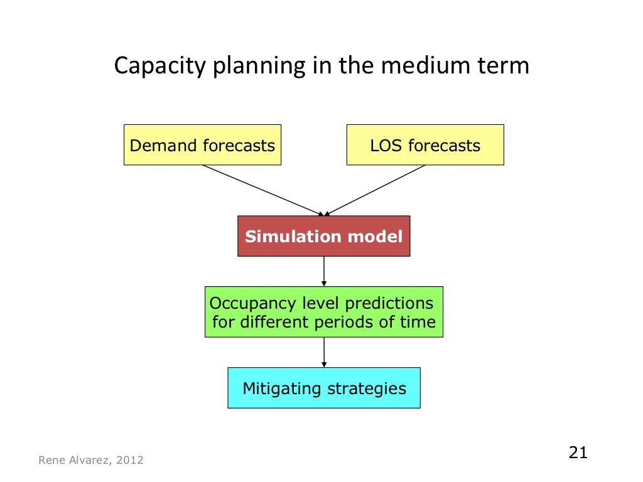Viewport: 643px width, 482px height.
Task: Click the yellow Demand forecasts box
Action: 202,145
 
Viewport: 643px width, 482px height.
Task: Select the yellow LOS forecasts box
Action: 425,145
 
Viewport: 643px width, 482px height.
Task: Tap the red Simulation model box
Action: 323,236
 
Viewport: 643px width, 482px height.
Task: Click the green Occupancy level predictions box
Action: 323,312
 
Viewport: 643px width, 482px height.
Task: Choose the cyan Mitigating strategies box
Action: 323,388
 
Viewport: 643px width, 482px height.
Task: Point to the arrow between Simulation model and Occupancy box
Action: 324,271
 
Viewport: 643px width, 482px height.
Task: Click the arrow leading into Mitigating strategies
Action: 324,352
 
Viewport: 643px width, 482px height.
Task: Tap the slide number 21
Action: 577,453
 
